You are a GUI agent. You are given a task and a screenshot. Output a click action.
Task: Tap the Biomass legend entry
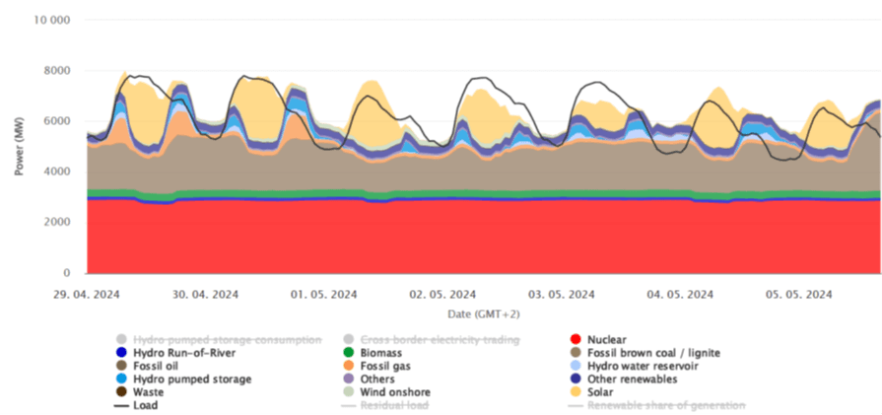point(373,353)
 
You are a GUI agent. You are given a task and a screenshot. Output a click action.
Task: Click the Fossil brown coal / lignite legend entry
point(651,353)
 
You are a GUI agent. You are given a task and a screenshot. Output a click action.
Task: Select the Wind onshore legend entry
point(385,391)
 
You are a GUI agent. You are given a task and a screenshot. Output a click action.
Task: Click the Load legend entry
point(145,404)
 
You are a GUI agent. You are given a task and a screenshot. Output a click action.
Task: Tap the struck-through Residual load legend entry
point(389,404)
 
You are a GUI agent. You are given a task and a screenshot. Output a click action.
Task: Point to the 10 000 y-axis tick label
point(51,20)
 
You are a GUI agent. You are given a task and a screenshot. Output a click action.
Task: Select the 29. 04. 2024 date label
point(88,294)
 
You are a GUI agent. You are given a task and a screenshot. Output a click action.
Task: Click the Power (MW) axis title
point(19,147)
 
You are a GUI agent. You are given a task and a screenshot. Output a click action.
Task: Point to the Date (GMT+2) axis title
point(483,313)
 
